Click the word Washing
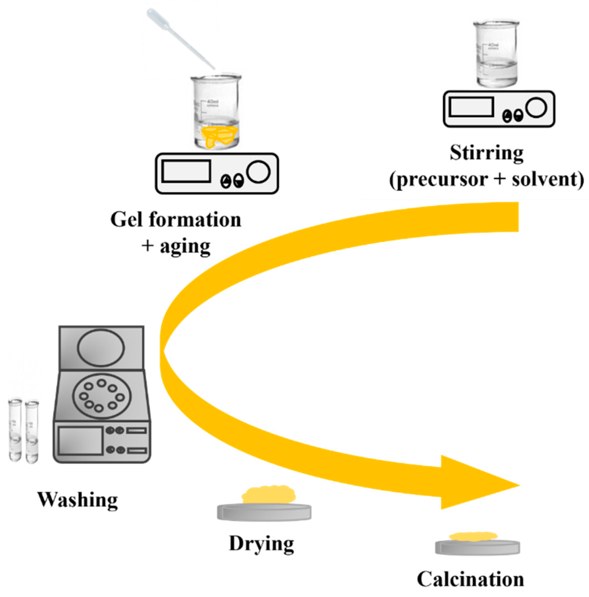pyautogui.click(x=77, y=500)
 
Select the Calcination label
pyautogui.click(x=470, y=579)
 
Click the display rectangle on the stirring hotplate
pyautogui.click(x=471, y=107)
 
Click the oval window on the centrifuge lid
pyautogui.click(x=101, y=347)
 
